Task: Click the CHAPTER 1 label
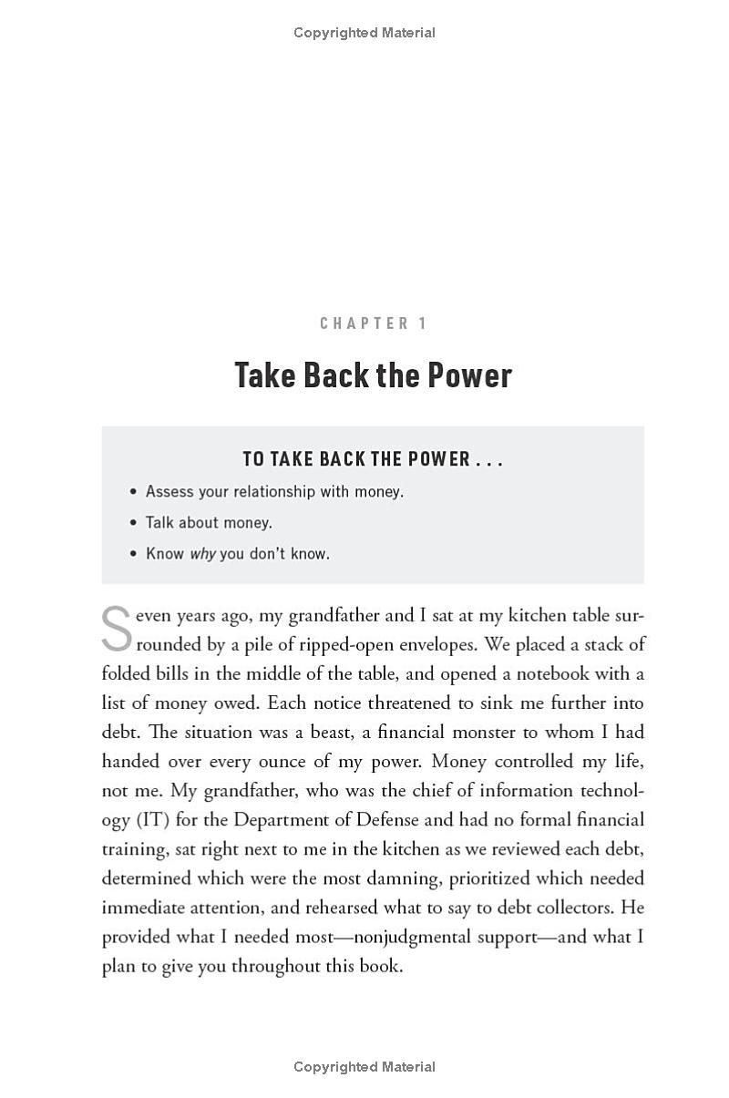tap(373, 323)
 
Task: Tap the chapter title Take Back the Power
tap(373, 375)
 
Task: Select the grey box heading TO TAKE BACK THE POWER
tap(373, 459)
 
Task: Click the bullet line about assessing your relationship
tap(274, 492)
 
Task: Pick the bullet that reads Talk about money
tap(209, 523)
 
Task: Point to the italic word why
tap(202, 554)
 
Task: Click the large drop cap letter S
tap(117, 629)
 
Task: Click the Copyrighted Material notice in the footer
tap(364, 1067)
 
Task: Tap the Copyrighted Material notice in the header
tap(364, 33)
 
